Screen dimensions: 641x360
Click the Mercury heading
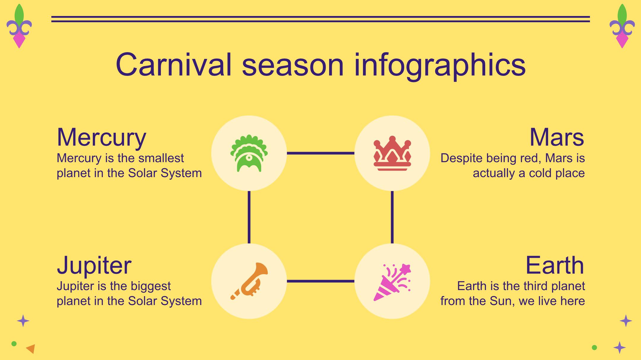coord(101,137)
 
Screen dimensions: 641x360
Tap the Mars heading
coord(557,137)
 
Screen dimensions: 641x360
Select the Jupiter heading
coord(94,265)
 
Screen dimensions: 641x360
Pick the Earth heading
coord(555,265)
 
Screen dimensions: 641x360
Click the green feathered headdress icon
coord(249,153)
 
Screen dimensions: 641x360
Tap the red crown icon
coord(392,153)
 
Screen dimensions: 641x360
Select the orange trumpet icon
coord(249,281)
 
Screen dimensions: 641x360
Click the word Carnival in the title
coord(174,65)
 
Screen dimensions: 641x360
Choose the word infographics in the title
coord(440,66)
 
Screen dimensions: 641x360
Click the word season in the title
coord(293,68)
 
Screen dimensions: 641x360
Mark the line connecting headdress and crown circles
coord(320,153)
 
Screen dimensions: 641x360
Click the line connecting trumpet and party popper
coord(320,281)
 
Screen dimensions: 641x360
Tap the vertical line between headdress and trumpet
coord(249,217)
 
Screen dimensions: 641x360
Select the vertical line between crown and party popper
coord(392,217)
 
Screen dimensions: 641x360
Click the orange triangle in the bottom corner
coord(31,348)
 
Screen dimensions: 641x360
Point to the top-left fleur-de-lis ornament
coord(19,26)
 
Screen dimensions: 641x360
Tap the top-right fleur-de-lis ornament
coord(622,26)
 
